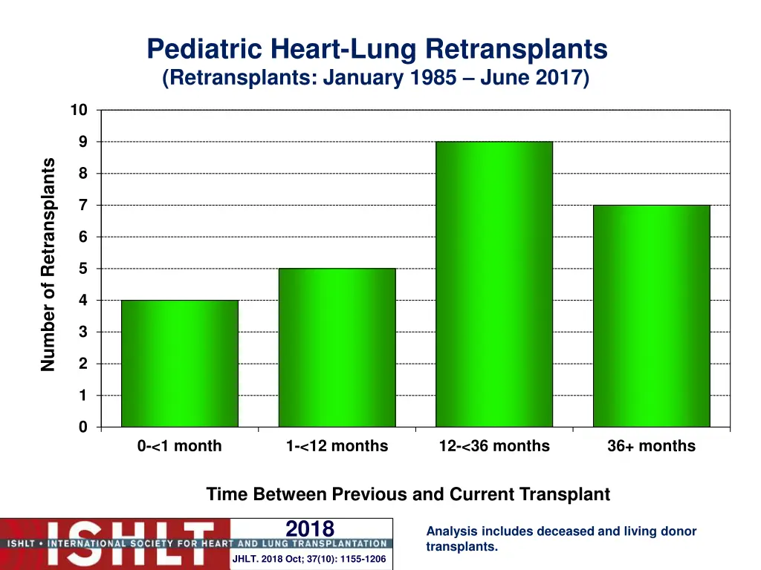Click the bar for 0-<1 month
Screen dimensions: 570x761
180,363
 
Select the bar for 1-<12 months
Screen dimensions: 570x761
337,347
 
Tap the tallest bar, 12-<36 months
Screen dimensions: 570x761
494,284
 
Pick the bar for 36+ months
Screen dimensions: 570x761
651,315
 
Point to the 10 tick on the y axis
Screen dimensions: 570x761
79,111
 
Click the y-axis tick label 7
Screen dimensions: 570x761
83,206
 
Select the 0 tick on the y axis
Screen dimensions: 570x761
83,427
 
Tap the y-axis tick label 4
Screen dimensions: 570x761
83,301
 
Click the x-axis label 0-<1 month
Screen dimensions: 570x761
180,446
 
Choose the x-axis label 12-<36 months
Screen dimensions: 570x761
494,446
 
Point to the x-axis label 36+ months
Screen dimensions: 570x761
651,446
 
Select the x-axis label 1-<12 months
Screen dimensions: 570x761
337,446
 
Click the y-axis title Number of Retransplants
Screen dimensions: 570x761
49,264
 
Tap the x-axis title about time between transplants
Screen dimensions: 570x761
408,494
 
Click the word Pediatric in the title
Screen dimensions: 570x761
205,50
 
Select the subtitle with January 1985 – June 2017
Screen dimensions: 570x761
376,78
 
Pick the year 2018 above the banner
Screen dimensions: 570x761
310,528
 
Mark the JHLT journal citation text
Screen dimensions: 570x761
309,559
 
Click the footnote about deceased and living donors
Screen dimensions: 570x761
561,539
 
